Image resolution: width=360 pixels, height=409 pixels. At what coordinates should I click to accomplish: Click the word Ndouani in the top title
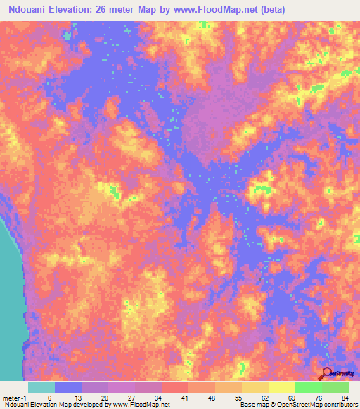click(x=27, y=8)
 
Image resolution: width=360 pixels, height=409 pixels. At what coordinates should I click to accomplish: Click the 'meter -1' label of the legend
click(x=14, y=398)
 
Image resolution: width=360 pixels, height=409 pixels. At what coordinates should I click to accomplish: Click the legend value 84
click(x=345, y=398)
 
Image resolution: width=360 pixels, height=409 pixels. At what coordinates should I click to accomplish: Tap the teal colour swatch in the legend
click(x=41, y=387)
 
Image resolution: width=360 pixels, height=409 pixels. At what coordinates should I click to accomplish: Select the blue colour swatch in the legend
click(x=68, y=387)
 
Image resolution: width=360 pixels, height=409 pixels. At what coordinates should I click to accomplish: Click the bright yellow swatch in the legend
click(x=282, y=387)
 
